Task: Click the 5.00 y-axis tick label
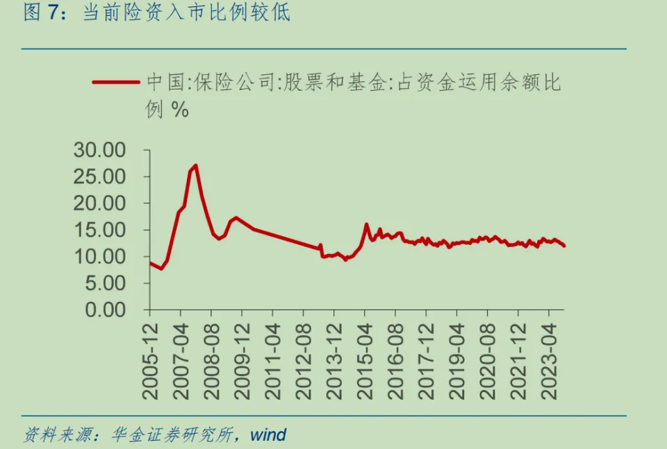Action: click(106, 283)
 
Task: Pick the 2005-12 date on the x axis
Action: click(151, 358)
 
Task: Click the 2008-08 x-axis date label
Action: click(212, 358)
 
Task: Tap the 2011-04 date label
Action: click(273, 358)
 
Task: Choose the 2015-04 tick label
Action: click(365, 358)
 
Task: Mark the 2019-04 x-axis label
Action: click(456, 358)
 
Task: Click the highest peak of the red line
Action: click(196, 165)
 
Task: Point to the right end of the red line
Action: click(564, 246)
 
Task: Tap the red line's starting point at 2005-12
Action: click(150, 262)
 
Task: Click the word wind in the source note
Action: click(268, 435)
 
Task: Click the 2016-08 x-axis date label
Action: click(395, 358)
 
